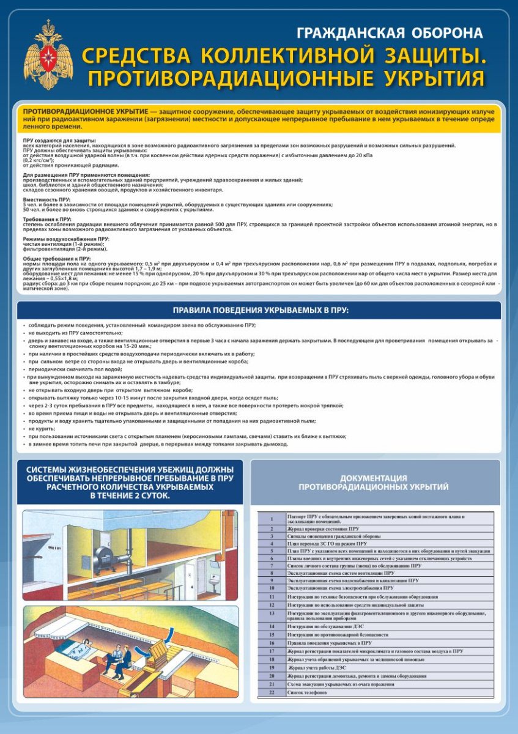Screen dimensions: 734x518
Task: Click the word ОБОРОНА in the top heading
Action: [440, 33]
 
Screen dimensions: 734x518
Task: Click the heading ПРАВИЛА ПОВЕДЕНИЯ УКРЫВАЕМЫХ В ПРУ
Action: [260, 311]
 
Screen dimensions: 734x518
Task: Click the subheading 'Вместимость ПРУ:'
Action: [46, 199]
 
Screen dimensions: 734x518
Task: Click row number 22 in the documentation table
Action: [272, 693]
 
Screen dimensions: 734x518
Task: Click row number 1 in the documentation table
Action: [272, 519]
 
